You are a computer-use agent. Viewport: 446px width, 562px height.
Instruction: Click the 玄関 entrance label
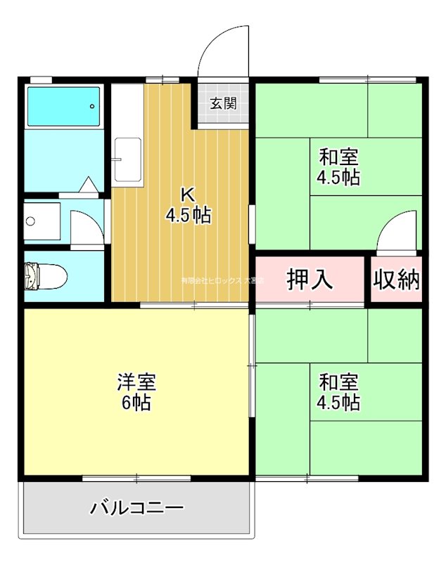pos(223,103)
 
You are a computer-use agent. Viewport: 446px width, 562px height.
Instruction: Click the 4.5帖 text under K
pos(188,215)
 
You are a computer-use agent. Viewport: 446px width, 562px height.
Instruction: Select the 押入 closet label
pos(310,279)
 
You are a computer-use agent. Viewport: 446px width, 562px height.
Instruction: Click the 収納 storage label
pos(396,279)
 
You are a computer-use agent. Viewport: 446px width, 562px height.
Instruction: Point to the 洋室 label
pos(136,382)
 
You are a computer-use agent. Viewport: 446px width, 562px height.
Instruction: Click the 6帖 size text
pos(135,403)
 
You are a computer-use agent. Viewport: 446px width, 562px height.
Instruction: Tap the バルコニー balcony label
pos(137,507)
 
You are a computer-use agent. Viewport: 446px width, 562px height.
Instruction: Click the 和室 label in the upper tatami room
pos(338,155)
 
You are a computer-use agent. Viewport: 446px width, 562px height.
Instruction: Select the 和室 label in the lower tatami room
pos(338,382)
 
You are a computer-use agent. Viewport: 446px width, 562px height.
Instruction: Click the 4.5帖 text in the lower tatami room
pos(338,403)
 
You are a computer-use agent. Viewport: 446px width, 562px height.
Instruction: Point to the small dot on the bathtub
pos(91,107)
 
